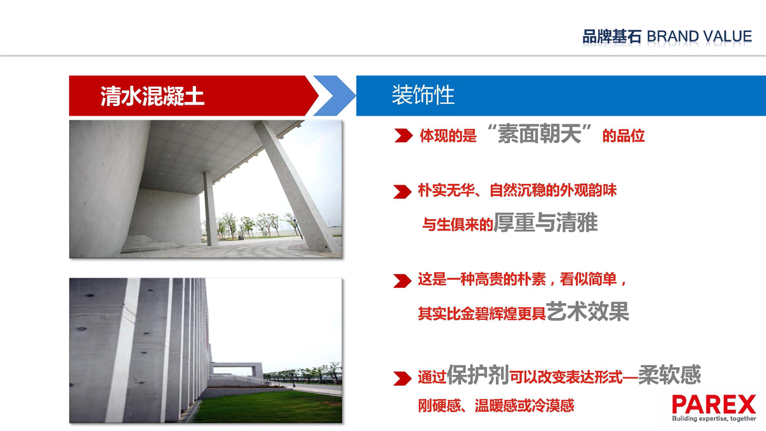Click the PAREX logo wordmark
(714, 405)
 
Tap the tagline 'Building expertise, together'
(714, 419)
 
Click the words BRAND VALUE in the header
(700, 36)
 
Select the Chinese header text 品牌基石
(612, 36)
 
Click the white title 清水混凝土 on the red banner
(152, 96)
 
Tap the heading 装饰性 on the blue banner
(423, 95)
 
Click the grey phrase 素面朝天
(539, 133)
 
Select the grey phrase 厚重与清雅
(545, 223)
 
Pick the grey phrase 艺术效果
(587, 312)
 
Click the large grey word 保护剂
(477, 375)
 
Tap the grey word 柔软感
(670, 375)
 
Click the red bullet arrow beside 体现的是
(403, 136)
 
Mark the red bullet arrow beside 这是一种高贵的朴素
(403, 281)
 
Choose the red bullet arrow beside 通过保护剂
(403, 379)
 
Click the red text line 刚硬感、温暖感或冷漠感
(496, 405)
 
